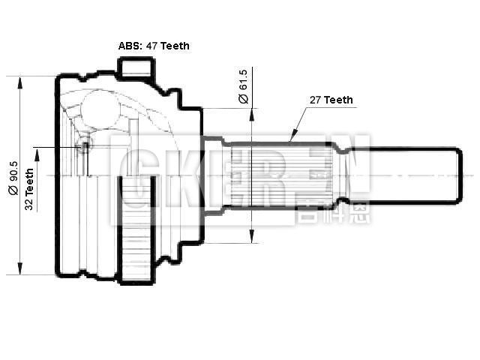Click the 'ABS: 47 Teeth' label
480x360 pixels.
(154, 46)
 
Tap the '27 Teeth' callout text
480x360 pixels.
(331, 100)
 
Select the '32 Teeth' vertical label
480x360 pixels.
(29, 189)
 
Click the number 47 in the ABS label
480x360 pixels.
(152, 46)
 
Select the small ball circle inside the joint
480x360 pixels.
(85, 144)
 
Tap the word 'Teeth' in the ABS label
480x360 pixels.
(174, 46)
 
